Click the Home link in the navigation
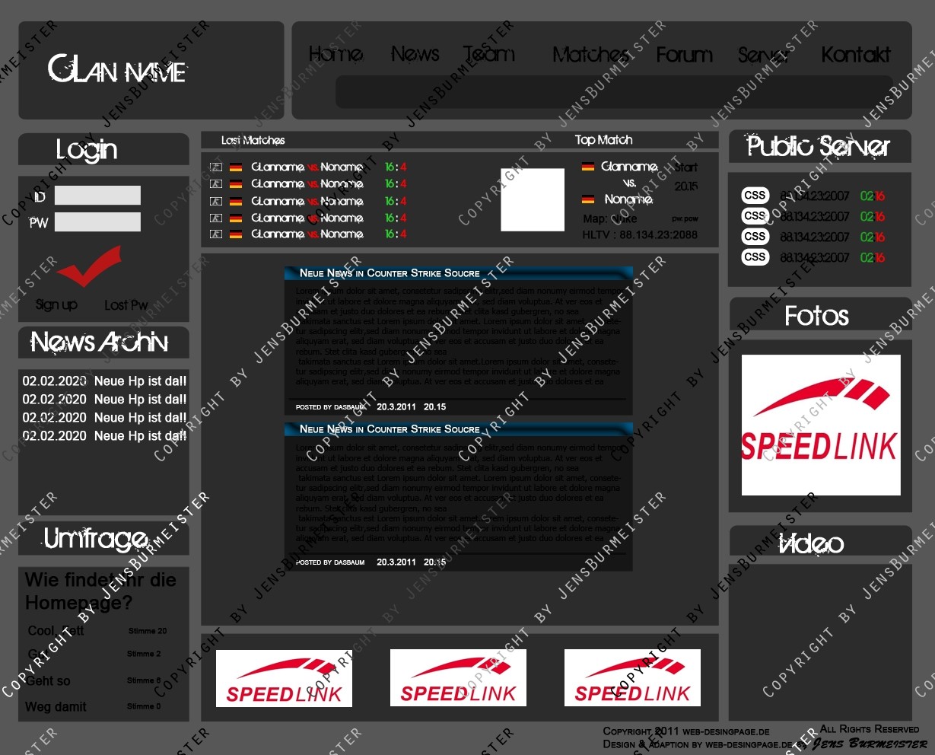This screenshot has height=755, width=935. click(x=336, y=55)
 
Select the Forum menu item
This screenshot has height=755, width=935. click(x=684, y=55)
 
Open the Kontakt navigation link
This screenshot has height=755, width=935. click(x=855, y=55)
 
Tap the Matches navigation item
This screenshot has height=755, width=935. click(x=590, y=55)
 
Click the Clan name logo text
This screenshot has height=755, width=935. click(x=117, y=71)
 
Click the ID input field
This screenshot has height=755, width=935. click(x=97, y=196)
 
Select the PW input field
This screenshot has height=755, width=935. click(x=97, y=222)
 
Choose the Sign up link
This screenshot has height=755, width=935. click(x=56, y=305)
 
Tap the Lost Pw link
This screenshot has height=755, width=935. click(x=126, y=305)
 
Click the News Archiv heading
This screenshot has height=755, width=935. click(x=100, y=342)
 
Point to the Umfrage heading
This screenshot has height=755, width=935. click(x=96, y=540)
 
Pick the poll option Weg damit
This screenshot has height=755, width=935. click(x=56, y=707)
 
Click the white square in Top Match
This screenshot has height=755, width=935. click(x=533, y=200)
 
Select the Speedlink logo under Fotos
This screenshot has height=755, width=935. click(x=820, y=425)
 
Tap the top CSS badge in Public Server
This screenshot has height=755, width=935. click(x=755, y=196)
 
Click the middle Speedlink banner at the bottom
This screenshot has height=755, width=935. click(x=458, y=678)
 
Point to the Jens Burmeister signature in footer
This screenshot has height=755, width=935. click(x=870, y=744)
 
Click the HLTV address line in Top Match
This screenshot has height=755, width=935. click(x=639, y=235)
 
